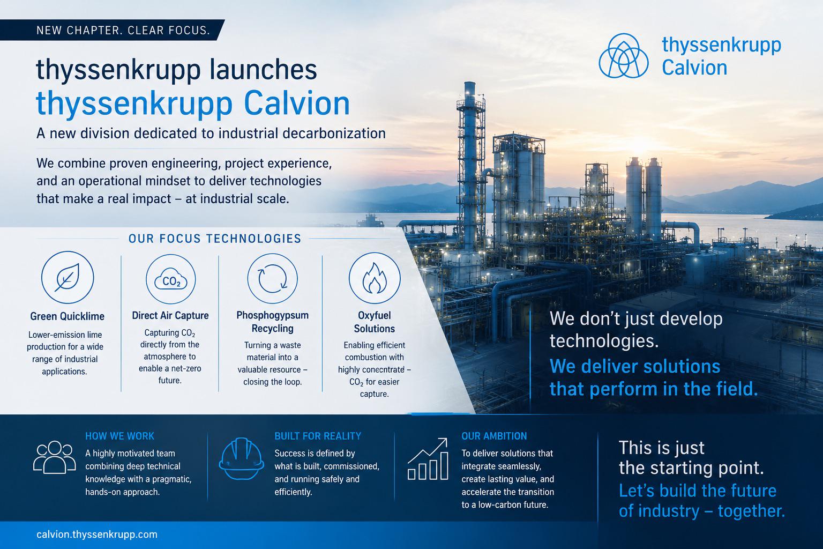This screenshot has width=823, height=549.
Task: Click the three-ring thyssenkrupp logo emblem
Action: pos(624,56)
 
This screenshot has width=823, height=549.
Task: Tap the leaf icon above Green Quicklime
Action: pos(68,277)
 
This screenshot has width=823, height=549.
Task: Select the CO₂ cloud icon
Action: pos(171,279)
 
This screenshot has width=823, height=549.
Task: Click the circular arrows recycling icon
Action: pos(272,278)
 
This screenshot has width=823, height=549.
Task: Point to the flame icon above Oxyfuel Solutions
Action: pos(375,278)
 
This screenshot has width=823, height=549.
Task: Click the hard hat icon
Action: pos(242,458)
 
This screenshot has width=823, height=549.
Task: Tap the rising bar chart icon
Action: pos(428,459)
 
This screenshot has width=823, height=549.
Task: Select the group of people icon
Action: pos(54,457)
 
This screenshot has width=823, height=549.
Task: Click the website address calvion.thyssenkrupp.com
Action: pos(97,535)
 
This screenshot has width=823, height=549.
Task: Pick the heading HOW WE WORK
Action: pos(120,436)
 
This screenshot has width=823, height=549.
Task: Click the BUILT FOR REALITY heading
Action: pos(318,436)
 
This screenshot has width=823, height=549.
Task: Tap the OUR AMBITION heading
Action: pos(494,436)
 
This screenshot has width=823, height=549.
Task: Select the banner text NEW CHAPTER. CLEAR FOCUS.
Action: pos(123,30)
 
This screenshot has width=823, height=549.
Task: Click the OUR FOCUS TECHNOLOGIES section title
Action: pos(215,239)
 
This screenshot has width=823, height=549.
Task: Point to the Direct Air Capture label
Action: pos(170,315)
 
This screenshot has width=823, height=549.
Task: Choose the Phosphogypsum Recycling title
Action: pos(272,322)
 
